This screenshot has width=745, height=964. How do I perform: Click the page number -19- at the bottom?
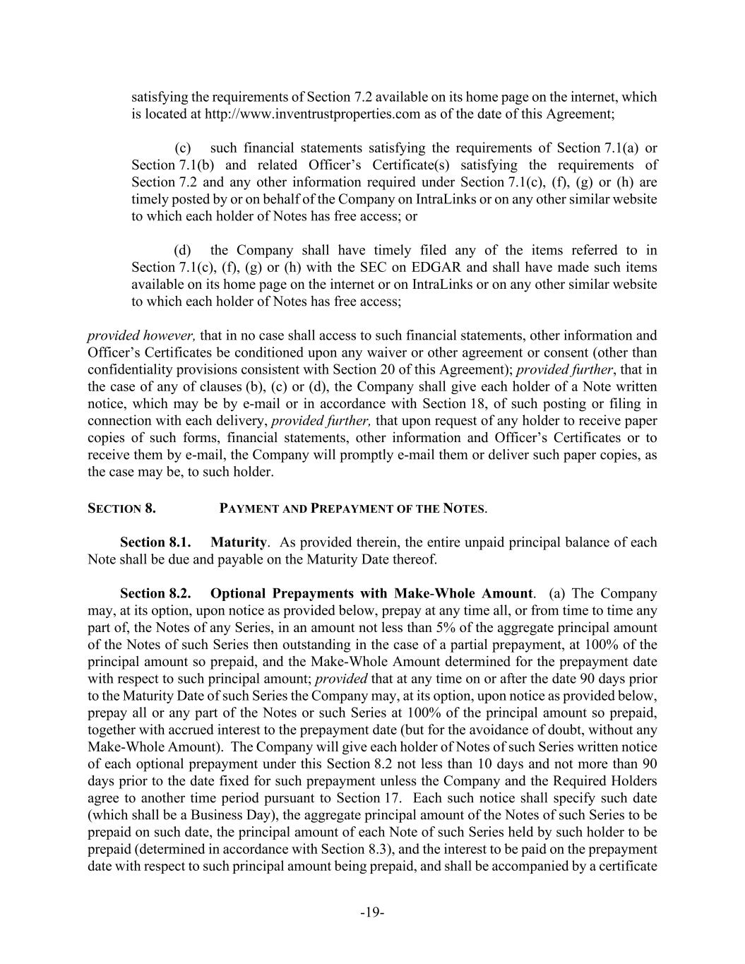[372, 912]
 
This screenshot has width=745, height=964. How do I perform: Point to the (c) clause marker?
[183, 148]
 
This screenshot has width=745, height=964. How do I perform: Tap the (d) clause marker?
[182, 251]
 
